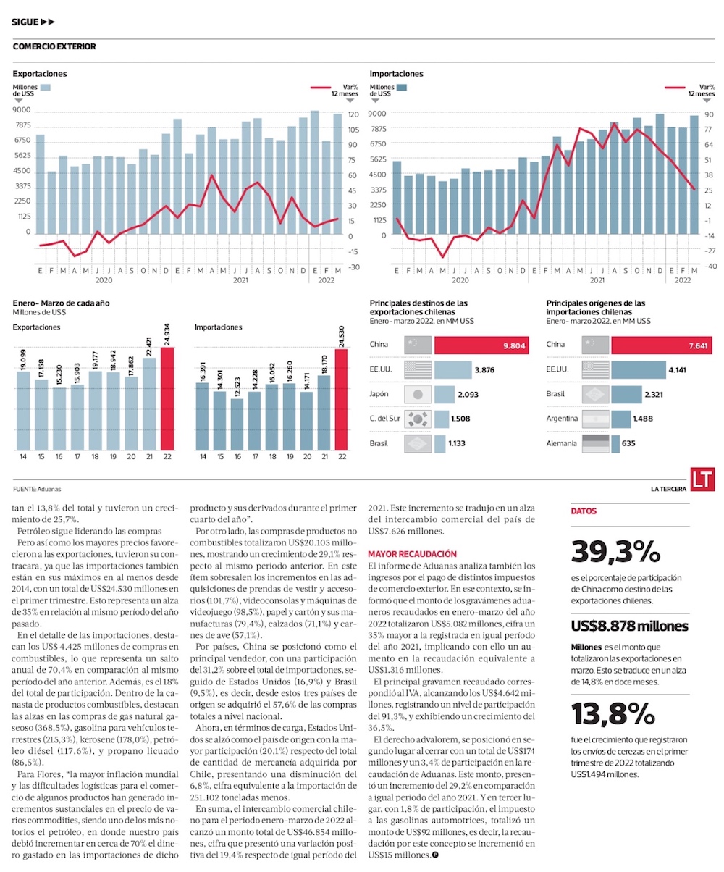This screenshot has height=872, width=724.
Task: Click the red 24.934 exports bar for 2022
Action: (167, 399)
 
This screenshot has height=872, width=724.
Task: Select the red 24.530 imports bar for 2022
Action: (342, 399)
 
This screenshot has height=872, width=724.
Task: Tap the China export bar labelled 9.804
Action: (484, 345)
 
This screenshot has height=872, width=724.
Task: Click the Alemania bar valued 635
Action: (615, 443)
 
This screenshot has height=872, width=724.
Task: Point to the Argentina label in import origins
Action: (562, 419)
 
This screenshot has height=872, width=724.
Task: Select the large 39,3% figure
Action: (615, 552)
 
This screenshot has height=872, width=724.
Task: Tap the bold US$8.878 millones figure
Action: (629, 626)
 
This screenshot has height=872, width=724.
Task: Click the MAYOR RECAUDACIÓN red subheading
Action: (408, 553)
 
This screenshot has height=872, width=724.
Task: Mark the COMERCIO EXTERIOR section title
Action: (54, 47)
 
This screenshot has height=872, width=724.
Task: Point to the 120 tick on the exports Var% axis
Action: (353, 114)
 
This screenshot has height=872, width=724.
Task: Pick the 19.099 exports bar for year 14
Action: (23, 410)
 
